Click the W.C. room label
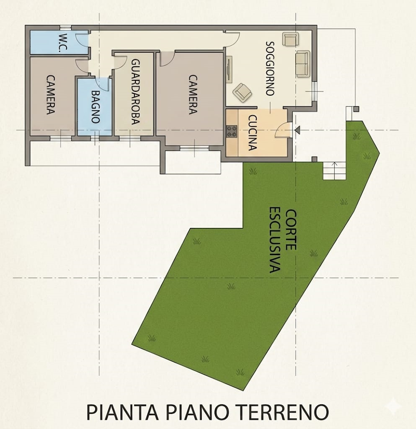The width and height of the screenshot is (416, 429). [63, 43]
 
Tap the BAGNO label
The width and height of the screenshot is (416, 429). [95, 107]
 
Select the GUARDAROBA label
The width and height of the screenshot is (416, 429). [136, 92]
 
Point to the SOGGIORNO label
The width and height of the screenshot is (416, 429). [270, 68]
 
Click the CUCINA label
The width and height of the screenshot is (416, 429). [253, 133]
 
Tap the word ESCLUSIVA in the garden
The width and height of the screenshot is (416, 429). [275, 240]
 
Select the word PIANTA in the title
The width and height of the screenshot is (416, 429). [122, 412]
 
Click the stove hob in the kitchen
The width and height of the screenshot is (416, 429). [232, 131]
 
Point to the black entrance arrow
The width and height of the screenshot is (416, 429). [297, 130]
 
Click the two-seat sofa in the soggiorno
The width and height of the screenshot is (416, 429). [303, 64]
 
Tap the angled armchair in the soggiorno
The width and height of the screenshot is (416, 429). [242, 92]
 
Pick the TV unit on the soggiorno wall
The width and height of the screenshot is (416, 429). [229, 70]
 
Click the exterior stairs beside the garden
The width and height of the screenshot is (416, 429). [334, 171]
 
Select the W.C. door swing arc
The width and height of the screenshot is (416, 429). [81, 40]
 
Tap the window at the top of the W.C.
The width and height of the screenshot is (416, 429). [66, 27]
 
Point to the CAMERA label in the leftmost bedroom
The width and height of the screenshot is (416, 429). [51, 95]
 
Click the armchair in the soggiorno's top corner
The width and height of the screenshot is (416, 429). [290, 39]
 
